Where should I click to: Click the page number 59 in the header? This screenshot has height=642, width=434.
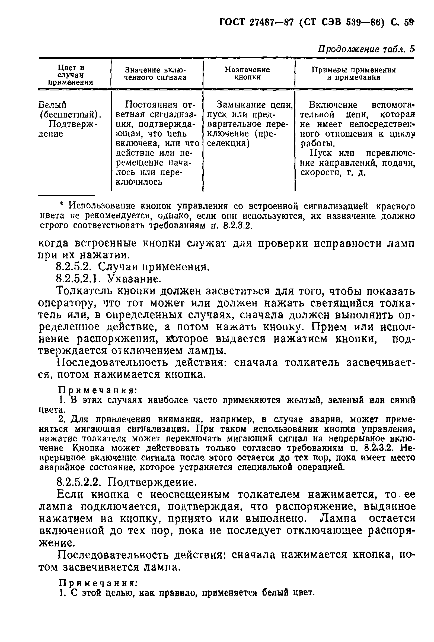coord(409,22)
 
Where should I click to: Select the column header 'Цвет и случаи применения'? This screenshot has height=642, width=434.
coord(71,75)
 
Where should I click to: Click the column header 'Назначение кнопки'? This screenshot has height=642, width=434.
coord(247,74)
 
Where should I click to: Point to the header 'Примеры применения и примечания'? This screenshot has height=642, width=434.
coord(354,74)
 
